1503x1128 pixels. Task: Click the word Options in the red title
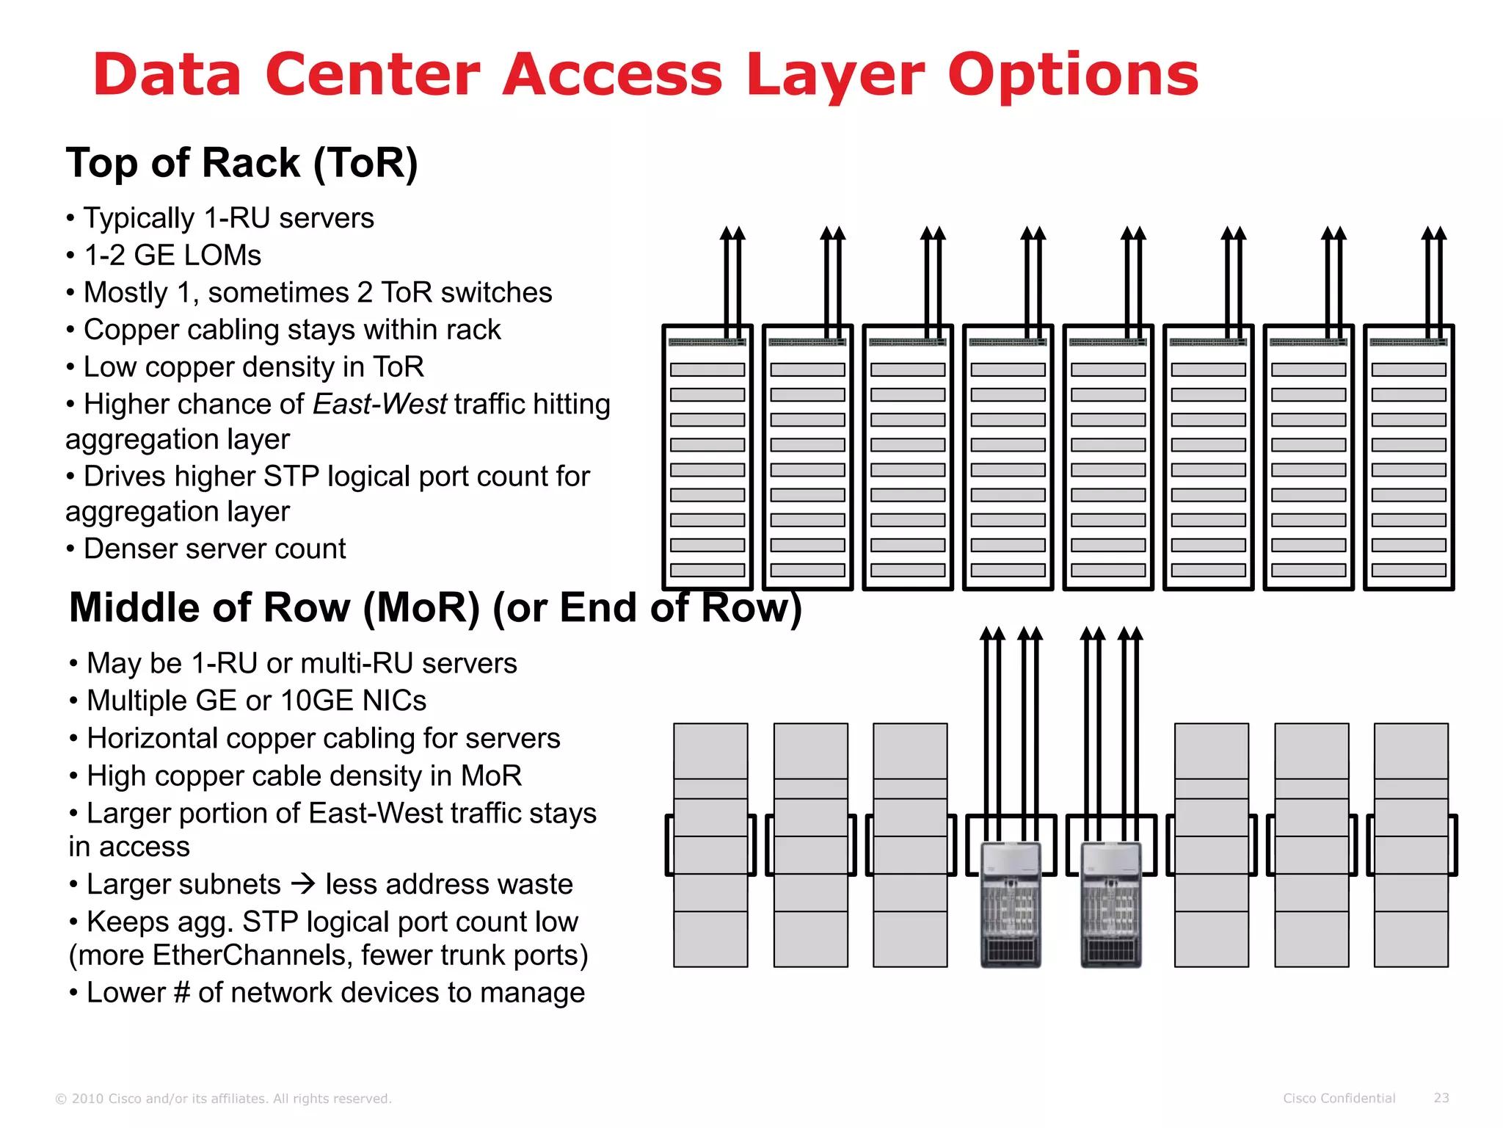(1072, 76)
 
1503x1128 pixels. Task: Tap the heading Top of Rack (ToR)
(241, 163)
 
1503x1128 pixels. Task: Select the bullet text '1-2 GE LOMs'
(172, 256)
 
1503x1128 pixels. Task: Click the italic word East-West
(379, 404)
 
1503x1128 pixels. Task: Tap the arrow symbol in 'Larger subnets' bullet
(302, 883)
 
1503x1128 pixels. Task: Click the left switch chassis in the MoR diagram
(1011, 905)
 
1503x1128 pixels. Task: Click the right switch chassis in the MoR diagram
(1111, 905)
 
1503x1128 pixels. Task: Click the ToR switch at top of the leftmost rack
(707, 342)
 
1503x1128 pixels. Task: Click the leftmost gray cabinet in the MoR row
(710, 845)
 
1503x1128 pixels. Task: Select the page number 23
(1441, 1098)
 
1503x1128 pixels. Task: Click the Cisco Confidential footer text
(1339, 1099)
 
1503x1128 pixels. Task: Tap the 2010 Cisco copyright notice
(224, 1099)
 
